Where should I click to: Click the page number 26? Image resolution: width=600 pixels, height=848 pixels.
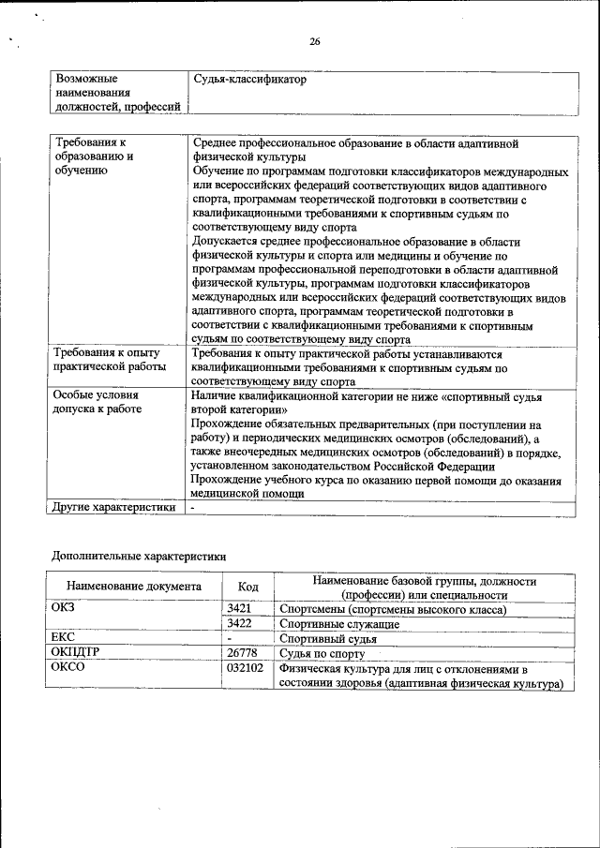tap(315, 41)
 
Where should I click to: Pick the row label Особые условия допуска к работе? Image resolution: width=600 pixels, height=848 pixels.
tap(97, 402)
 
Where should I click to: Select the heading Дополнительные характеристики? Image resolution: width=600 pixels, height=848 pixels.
tap(138, 555)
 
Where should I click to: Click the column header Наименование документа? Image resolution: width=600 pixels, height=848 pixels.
tap(134, 587)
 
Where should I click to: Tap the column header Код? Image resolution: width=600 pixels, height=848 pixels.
tap(248, 587)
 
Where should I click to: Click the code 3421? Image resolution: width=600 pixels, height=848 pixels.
tap(240, 609)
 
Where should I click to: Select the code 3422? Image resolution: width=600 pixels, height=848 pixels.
tap(240, 623)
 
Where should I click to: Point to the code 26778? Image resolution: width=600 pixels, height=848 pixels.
tap(242, 652)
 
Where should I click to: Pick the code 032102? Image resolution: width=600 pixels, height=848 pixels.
tap(246, 668)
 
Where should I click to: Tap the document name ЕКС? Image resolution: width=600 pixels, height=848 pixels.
tap(64, 637)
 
